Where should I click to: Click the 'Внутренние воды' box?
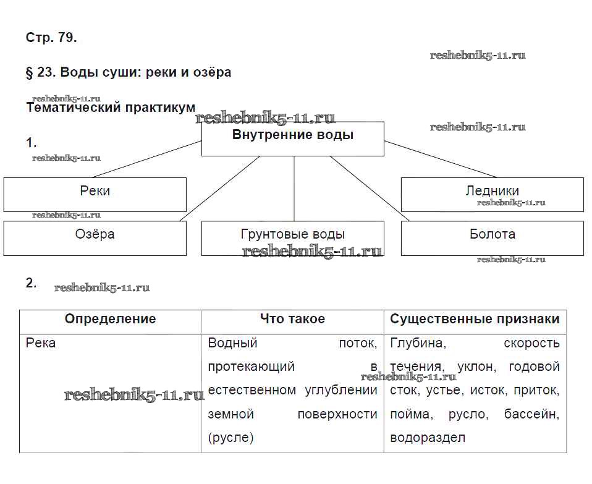[x=292, y=138]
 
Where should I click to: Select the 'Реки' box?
[x=95, y=194]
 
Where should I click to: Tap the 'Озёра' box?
[x=95, y=238]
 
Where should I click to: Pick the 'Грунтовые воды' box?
[x=292, y=238]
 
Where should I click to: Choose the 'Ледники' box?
[x=492, y=194]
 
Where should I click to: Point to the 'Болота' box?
[x=492, y=238]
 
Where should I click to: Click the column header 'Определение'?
[x=110, y=319]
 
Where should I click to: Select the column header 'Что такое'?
[x=292, y=319]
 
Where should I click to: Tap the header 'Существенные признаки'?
[x=475, y=319]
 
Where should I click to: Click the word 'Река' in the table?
[x=41, y=342]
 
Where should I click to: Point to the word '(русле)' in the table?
[x=231, y=438]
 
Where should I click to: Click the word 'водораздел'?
[x=428, y=438]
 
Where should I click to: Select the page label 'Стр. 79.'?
[x=51, y=38]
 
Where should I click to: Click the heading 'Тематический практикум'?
[x=107, y=108]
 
